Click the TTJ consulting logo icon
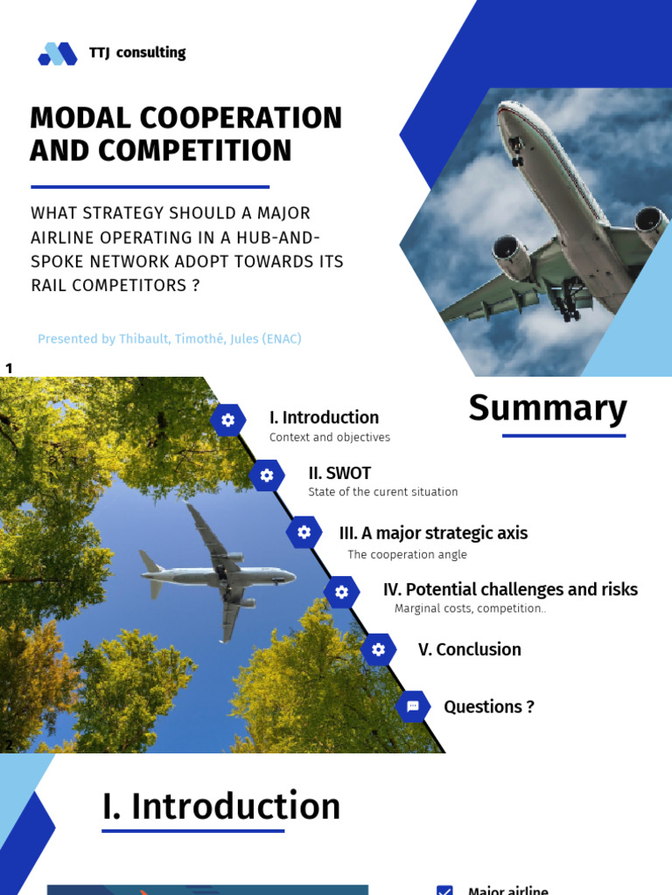[x=58, y=54]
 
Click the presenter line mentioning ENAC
[x=169, y=339]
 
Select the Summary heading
[x=548, y=408]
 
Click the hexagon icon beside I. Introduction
[x=227, y=420]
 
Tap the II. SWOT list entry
[x=339, y=473]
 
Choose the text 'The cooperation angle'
[x=407, y=554]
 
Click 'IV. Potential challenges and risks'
[x=510, y=590]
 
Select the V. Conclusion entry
[x=469, y=649]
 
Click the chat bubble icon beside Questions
[x=413, y=706]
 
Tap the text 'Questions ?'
[x=488, y=706]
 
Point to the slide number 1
[x=9, y=368]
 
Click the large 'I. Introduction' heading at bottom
[x=220, y=806]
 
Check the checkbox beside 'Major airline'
[x=444, y=891]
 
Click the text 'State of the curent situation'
[x=382, y=492]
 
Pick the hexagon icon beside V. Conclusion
[x=378, y=649]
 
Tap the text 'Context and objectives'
[x=330, y=437]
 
